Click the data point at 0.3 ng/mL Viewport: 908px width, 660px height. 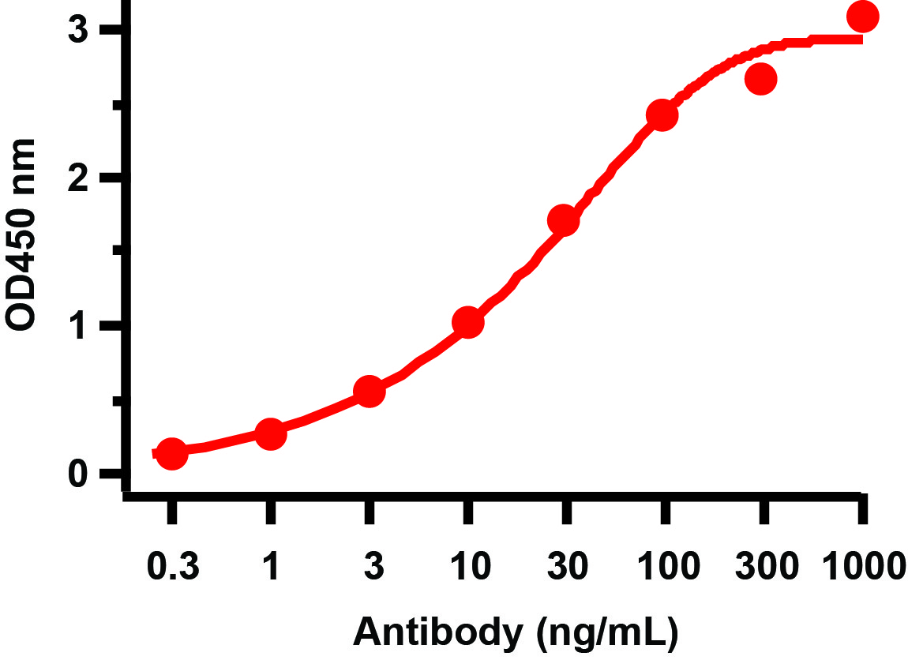coord(172,453)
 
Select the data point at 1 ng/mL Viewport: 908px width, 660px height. coord(270,433)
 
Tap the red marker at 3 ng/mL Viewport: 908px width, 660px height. coord(369,392)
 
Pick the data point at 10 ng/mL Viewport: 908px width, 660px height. coord(467,322)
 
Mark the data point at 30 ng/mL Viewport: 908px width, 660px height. coord(563,221)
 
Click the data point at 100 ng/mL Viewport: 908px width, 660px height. coord(662,115)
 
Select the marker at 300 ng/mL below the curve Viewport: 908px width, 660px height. coord(761,79)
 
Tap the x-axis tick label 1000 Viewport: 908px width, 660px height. coord(862,566)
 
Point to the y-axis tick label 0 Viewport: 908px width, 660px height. coord(77,474)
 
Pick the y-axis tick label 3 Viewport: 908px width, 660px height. coord(77,31)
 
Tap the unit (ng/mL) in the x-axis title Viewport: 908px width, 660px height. coord(606,632)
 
